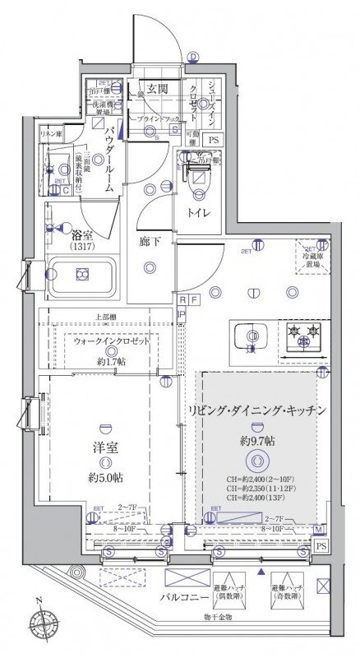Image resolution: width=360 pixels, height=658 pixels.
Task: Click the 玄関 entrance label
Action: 158,90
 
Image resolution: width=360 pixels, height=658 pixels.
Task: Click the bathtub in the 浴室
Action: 81,279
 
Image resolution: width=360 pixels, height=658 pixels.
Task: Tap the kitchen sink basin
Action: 247,338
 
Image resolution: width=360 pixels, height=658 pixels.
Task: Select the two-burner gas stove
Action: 302,336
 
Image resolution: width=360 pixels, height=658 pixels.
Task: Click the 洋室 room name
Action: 104,452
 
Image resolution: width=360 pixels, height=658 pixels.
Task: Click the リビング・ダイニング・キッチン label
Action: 257,410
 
